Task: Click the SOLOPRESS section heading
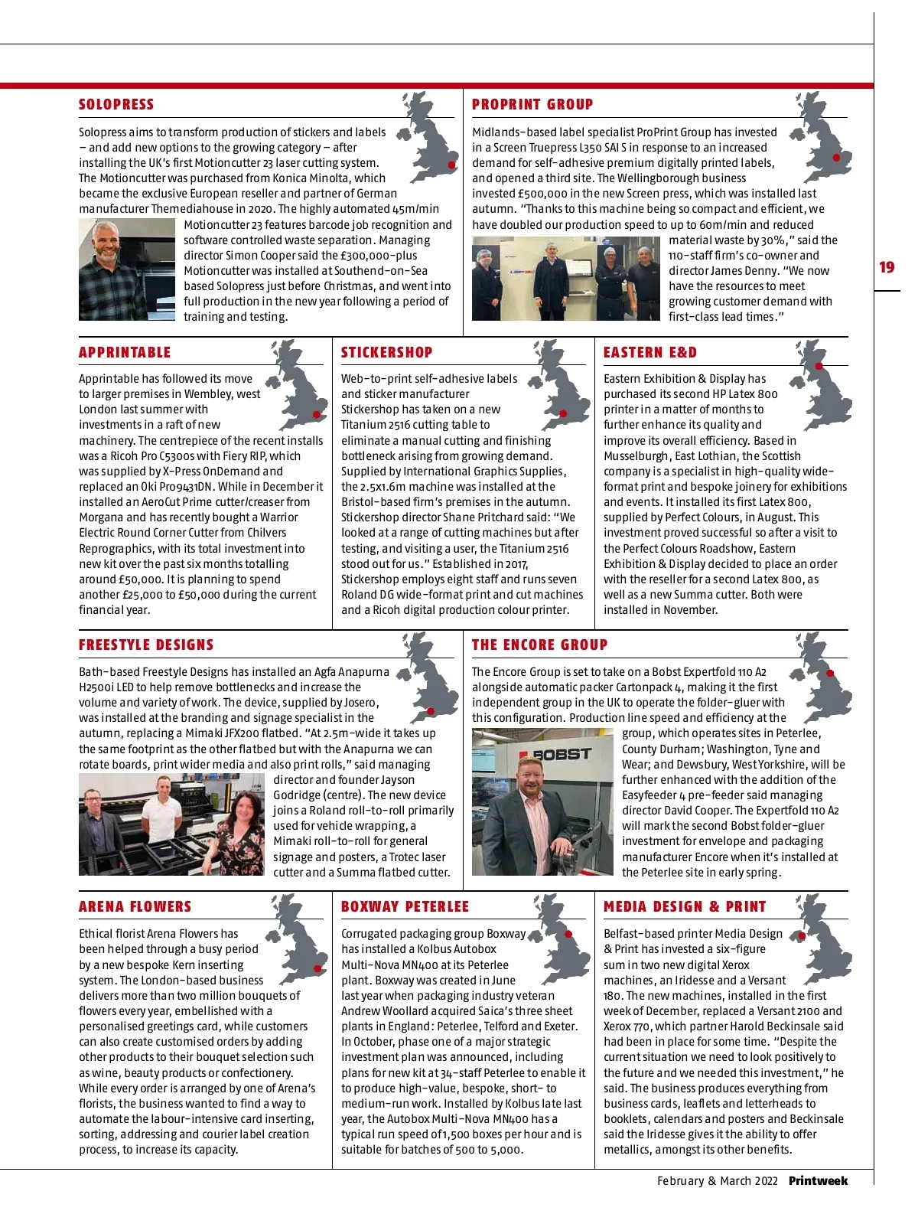click(116, 105)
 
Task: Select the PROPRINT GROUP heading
click(532, 105)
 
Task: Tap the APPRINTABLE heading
click(125, 353)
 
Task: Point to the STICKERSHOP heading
click(386, 353)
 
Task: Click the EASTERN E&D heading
click(650, 353)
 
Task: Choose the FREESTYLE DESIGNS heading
click(146, 645)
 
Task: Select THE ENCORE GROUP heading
click(539, 645)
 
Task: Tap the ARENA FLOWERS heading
click(135, 907)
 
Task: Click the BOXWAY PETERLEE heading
click(405, 907)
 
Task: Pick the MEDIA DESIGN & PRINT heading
click(685, 907)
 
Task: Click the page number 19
click(887, 267)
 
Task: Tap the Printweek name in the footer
click(819, 1181)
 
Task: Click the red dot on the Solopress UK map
click(452, 165)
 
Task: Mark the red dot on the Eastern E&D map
click(819, 366)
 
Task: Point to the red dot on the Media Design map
click(802, 935)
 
